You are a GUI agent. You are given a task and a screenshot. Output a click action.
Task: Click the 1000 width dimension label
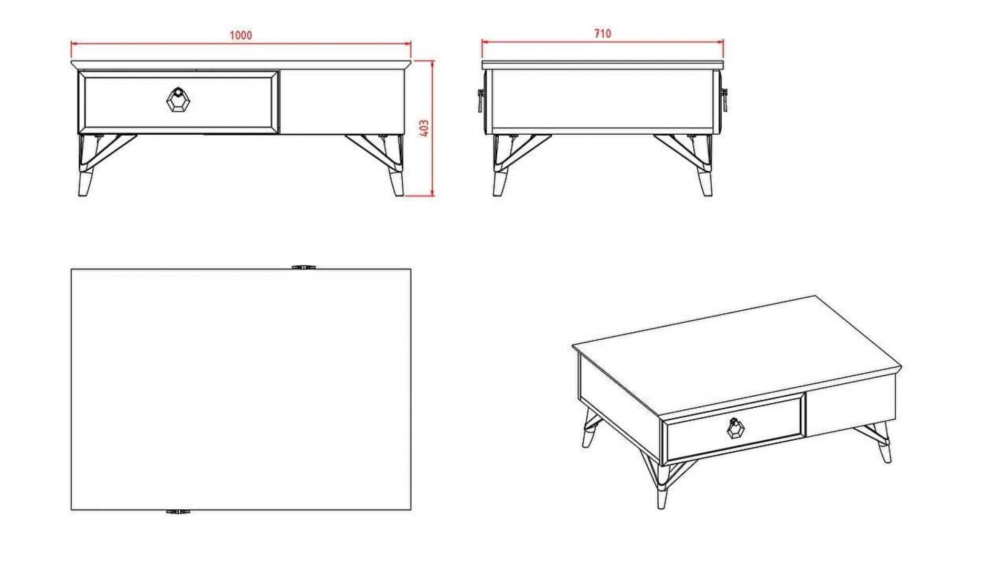[241, 35]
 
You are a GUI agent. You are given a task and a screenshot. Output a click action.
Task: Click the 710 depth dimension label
[603, 34]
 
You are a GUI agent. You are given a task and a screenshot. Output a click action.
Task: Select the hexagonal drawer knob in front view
[178, 100]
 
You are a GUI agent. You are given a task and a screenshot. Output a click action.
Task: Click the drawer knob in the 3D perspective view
[736, 428]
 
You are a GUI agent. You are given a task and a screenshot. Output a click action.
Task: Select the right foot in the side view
[705, 183]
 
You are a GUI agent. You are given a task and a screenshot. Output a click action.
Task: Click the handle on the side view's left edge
[480, 101]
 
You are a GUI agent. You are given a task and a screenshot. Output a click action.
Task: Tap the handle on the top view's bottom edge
[178, 511]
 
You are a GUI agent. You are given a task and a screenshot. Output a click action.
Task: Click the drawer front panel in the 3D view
[735, 428]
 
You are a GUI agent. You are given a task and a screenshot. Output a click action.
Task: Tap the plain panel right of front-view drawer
[342, 101]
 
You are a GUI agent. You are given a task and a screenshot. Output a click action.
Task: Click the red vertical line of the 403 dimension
[433, 128]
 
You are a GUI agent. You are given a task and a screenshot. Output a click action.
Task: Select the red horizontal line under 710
[603, 42]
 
